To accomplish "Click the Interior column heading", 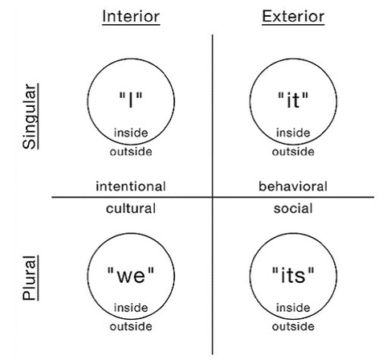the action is point(131,17).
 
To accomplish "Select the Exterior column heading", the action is point(293,17).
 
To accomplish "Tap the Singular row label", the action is point(30,117).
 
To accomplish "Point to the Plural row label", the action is point(30,278).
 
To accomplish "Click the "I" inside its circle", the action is point(131,100).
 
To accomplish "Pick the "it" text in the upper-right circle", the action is point(293,100).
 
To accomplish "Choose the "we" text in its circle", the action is point(131,275).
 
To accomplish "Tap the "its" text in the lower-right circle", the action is point(293,275).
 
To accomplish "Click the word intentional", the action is point(131,186).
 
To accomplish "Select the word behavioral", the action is point(293,186).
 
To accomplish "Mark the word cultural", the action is point(131,209).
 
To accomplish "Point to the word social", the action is point(293,209).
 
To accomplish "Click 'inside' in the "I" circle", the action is point(131,133).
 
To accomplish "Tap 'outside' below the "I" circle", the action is point(131,152).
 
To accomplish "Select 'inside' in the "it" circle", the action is point(293,133).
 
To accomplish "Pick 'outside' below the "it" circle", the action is point(293,152).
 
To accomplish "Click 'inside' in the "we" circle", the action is point(131,308).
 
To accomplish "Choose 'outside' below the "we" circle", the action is point(131,327).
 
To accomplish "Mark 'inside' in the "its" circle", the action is point(293,308).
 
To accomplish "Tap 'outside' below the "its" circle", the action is point(293,327).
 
